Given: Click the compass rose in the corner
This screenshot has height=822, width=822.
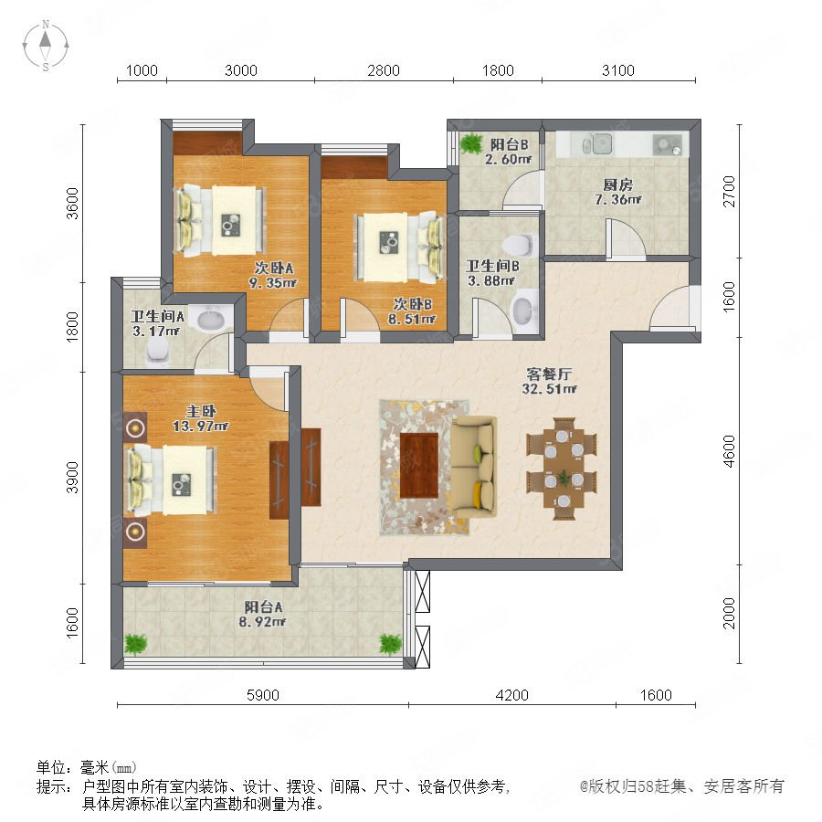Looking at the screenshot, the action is coord(46,46).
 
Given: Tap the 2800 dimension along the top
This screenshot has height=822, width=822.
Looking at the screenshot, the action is coord(384,70).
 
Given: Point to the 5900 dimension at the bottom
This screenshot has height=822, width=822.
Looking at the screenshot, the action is coord(263,695).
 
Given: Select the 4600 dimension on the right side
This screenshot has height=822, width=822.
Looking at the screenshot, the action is coord(729,451).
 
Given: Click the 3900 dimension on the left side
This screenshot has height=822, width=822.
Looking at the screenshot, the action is coord(72,477).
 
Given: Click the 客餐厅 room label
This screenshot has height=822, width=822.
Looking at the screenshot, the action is coord(549,374).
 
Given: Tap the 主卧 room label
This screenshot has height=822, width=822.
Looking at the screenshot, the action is coord(201,411).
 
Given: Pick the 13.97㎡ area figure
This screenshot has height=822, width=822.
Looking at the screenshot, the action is coord(200,427).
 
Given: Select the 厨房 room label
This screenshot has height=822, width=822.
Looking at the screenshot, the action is coord(617,184).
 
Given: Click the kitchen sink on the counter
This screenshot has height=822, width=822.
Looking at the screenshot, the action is coord(598,144).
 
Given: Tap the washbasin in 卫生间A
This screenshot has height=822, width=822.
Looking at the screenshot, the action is coord(211,318).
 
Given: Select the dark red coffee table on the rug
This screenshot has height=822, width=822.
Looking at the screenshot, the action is coord(419,466).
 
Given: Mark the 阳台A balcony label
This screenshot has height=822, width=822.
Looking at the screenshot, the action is coord(263,607).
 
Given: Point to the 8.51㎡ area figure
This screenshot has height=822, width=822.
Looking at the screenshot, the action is coord(412,319).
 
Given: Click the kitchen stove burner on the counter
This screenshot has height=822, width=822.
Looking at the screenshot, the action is coord(668,144).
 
